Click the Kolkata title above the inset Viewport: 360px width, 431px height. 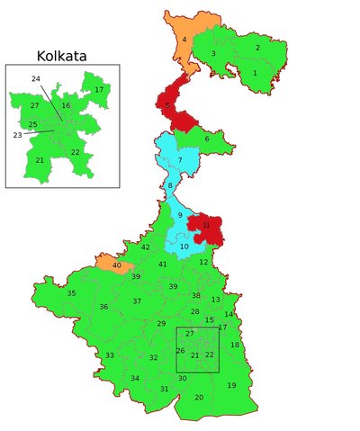click(61, 56)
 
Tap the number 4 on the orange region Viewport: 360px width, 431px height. click(184, 40)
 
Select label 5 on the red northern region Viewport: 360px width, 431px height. click(167, 106)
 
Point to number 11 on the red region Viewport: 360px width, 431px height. click(206, 225)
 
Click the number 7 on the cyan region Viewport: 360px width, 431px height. click(180, 160)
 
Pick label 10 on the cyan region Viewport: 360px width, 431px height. click(184, 247)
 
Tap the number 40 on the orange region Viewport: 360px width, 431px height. click(117, 265)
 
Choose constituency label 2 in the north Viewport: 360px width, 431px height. click(257, 48)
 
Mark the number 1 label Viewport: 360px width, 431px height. click(255, 73)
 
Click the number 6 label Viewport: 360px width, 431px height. click(207, 139)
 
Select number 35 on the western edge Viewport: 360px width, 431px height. click(71, 293)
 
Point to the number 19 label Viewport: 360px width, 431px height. click(231, 385)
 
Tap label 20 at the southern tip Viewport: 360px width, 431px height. click(199, 397)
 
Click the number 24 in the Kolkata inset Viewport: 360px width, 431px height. click(36, 79)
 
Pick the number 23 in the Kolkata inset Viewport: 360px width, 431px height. click(17, 135)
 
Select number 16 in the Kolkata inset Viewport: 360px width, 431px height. click(66, 106)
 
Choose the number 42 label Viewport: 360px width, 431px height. click(146, 247)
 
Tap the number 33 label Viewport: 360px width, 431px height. click(109, 355)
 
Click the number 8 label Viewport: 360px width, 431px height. click(170, 185)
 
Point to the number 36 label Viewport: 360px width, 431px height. click(103, 307)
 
